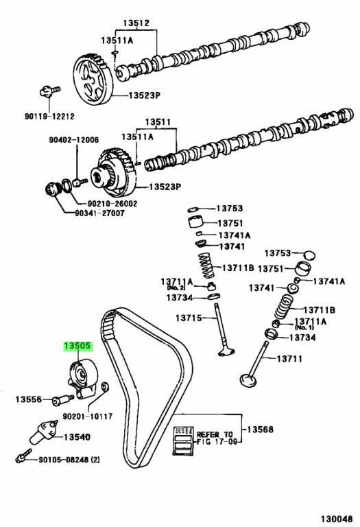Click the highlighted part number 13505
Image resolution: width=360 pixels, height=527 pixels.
(77, 347)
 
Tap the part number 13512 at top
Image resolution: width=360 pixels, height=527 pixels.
(136, 23)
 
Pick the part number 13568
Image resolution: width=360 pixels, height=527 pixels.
(260, 430)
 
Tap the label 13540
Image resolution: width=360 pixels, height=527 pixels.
(77, 436)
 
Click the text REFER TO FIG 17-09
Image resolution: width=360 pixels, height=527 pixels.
(215, 438)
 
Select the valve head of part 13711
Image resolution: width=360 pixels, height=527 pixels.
(248, 378)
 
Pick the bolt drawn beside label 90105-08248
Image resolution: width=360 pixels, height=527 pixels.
(23, 454)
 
